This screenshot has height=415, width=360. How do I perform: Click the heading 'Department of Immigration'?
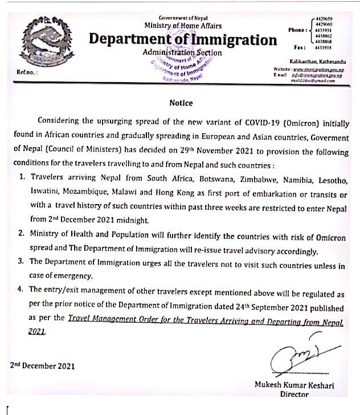pyautogui.click(x=183, y=39)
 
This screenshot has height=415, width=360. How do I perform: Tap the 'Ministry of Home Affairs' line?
pyautogui.click(x=182, y=25)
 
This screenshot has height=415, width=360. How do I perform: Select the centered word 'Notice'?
pyautogui.click(x=181, y=103)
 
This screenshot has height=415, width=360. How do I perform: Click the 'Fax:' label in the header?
pyautogui.click(x=301, y=48)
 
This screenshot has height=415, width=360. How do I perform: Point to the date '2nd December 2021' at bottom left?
pyautogui.click(x=42, y=365)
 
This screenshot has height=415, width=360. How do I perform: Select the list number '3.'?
pyautogui.click(x=21, y=262)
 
